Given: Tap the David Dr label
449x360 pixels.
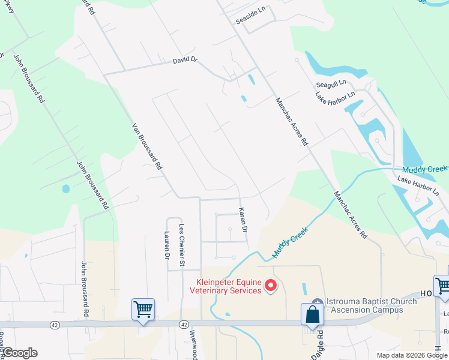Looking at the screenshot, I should (x=185, y=61).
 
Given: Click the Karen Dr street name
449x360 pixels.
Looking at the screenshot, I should (x=243, y=221).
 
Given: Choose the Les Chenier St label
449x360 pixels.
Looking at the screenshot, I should (x=182, y=245).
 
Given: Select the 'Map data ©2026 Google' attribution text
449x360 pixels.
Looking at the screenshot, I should (x=412, y=355).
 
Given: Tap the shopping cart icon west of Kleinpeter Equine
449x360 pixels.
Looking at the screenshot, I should (x=143, y=309).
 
